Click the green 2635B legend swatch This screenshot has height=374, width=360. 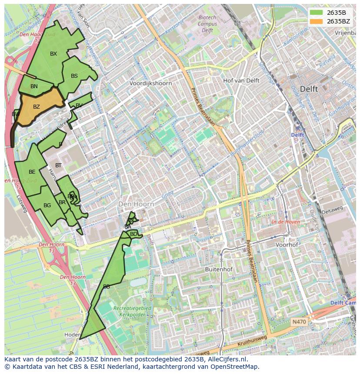[x=316, y=13]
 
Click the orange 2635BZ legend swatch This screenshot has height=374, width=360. [x=316, y=21]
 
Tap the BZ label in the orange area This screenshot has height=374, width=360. [x=37, y=107]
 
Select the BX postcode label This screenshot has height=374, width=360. [x=53, y=54]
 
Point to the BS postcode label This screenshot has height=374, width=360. [x=74, y=76]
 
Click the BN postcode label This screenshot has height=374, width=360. [x=34, y=86]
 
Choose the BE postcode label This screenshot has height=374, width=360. [x=32, y=172]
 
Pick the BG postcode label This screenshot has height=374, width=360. [x=47, y=205]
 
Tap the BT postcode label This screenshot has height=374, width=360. [x=58, y=165]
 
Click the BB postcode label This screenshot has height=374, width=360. [x=107, y=287]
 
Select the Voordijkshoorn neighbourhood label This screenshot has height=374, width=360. [x=151, y=83]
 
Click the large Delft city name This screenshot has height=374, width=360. [x=309, y=89]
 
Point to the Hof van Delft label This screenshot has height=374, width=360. [x=241, y=81]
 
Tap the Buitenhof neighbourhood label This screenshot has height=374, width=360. [x=219, y=269]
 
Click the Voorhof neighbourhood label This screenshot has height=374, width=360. [x=287, y=245]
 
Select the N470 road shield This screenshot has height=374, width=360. [x=299, y=322]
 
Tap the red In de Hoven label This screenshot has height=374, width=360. [x=286, y=222]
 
